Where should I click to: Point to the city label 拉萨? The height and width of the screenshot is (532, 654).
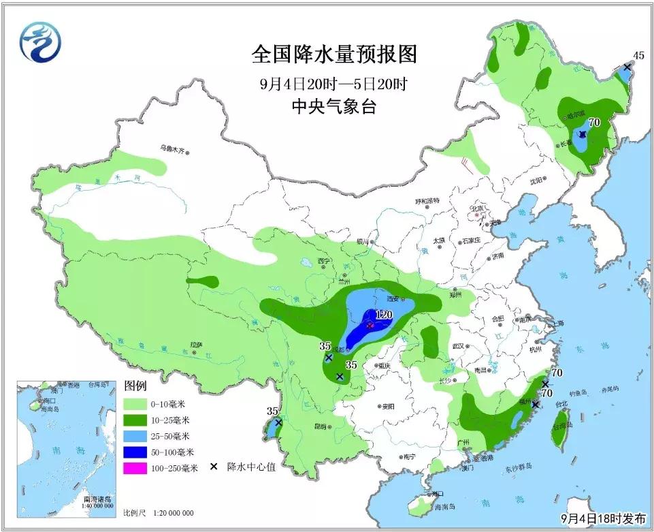(x=197, y=345)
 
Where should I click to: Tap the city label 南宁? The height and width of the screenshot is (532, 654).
(x=408, y=456)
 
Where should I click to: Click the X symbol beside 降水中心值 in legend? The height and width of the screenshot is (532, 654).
(x=214, y=467)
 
